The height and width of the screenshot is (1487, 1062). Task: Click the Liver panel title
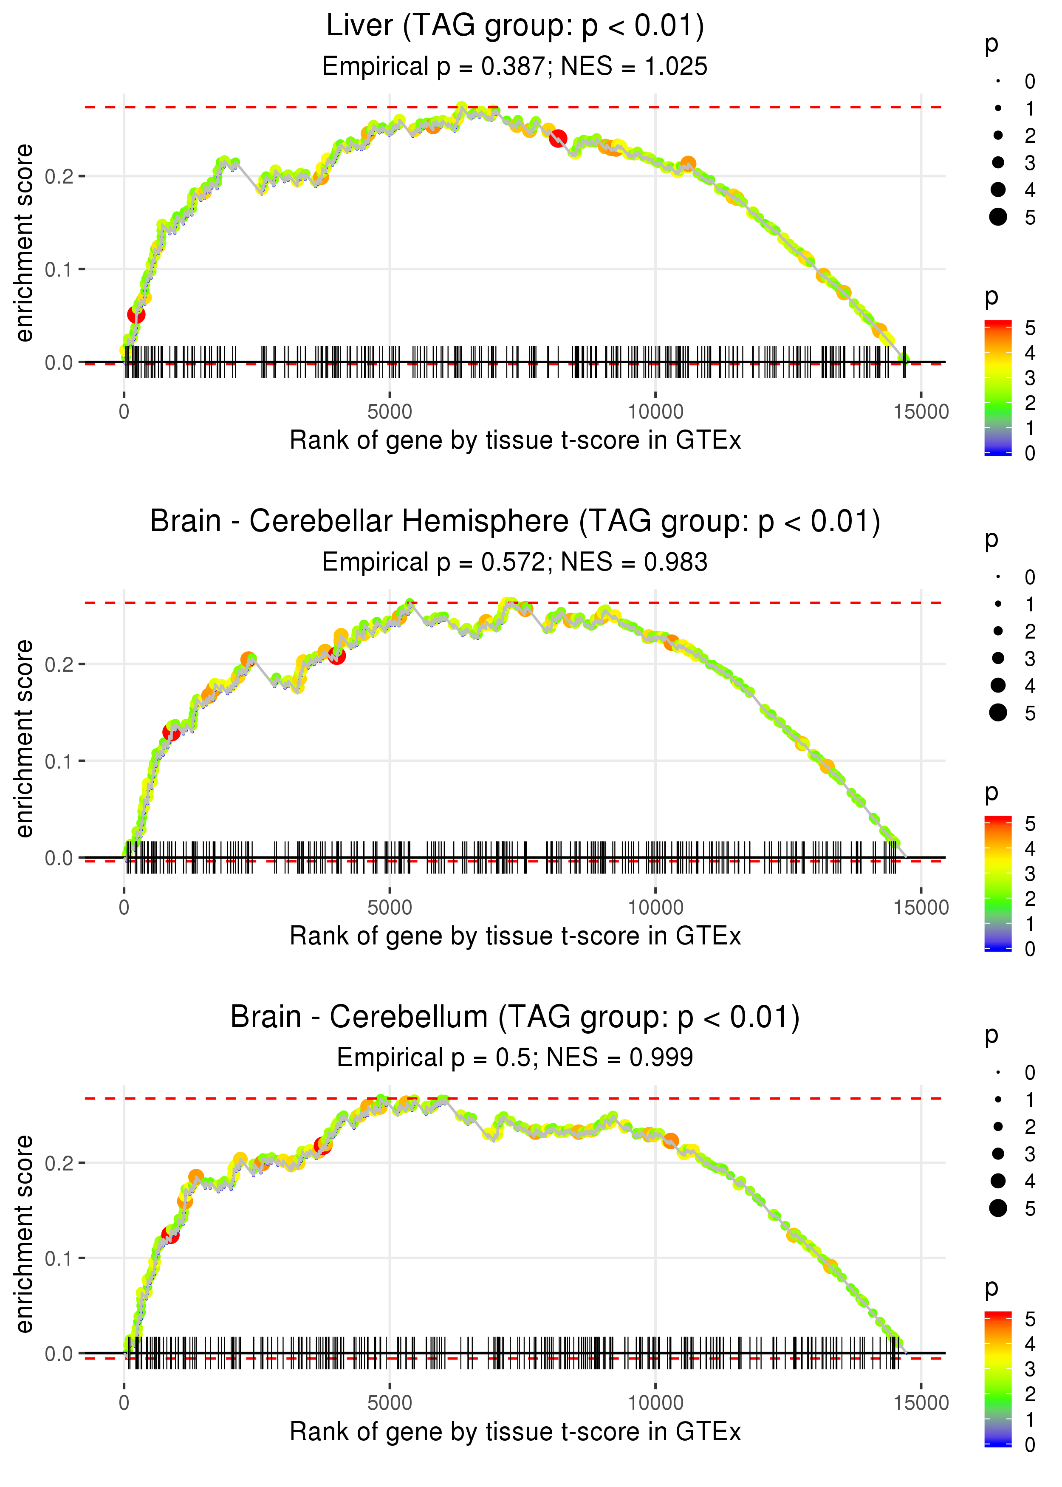pos(515,26)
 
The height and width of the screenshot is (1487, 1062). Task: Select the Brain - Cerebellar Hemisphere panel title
pos(515,522)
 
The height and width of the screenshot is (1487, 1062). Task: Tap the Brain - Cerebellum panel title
pos(515,1018)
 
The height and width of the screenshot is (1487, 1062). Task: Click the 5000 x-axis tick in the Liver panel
pos(390,412)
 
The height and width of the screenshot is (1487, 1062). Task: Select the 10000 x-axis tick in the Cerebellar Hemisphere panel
pos(655,907)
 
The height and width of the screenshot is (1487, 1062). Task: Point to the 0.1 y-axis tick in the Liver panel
pos(59,269)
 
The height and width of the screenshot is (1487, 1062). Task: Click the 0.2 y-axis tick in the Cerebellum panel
pos(59,1163)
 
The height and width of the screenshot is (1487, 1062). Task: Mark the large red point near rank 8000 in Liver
pos(558,139)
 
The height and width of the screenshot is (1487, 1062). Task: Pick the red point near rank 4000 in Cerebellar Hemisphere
pos(337,656)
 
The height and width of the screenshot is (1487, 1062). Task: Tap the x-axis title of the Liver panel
pos(515,441)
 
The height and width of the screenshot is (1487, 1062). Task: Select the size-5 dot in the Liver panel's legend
pos(998,216)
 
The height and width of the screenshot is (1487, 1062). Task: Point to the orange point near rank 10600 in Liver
pos(688,164)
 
